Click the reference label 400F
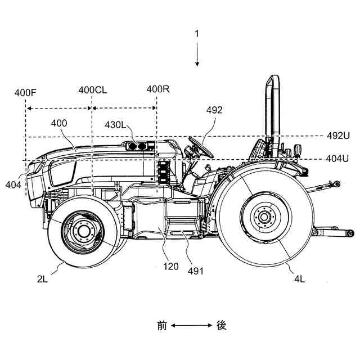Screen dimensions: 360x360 pos(25,93)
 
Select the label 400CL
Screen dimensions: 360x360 pos(93,90)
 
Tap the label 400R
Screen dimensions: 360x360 pos(158,89)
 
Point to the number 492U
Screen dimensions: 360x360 pos(338,136)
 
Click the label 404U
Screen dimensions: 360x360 pos(337,159)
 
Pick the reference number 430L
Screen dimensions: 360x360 pos(115,125)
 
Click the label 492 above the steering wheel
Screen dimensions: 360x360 pos(214,110)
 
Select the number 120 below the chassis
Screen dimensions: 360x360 pos(171,267)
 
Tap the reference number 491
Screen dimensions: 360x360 pos(196,271)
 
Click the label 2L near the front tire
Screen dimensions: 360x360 pos(42,279)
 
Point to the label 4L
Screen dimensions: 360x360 pos(300,279)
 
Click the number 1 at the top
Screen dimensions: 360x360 pos(197,34)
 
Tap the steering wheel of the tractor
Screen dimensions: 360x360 pos(201,147)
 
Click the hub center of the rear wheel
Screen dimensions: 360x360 pos(264,217)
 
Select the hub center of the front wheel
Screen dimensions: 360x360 pos(83,231)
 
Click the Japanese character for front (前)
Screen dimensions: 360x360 pos(162,326)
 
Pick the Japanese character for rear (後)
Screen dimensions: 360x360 pos(222,326)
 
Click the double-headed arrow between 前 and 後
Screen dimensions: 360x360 pos(191,325)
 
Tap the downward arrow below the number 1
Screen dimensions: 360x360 pos(197,54)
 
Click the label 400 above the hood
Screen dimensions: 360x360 pos(59,123)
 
